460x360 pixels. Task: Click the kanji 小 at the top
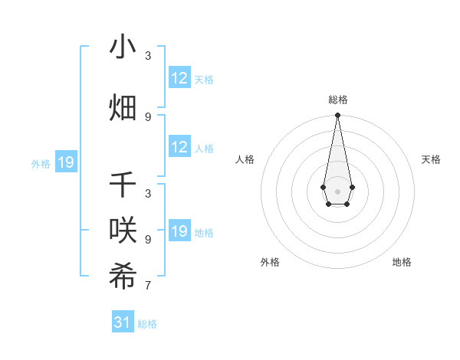pyautogui.click(x=123, y=47)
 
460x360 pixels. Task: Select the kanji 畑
pyautogui.click(x=123, y=107)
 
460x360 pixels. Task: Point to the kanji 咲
pyautogui.click(x=123, y=230)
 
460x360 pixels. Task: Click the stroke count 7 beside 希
pyautogui.click(x=148, y=286)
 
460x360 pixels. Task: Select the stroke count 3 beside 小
pyautogui.click(x=148, y=56)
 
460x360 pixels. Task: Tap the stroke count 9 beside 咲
pyautogui.click(x=148, y=240)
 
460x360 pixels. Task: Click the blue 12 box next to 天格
pyautogui.click(x=179, y=78)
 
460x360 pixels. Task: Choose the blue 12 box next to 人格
pyautogui.click(x=179, y=147)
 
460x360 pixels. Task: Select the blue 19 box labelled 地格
pyautogui.click(x=179, y=231)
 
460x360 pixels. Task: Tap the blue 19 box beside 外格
pyautogui.click(x=65, y=162)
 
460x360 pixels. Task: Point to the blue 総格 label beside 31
pyautogui.click(x=147, y=324)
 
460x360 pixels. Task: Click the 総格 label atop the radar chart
pyautogui.click(x=337, y=100)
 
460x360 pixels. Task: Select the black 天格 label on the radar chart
pyautogui.click(x=432, y=159)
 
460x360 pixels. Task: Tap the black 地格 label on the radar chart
pyautogui.click(x=402, y=262)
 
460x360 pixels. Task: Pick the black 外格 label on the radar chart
pyautogui.click(x=270, y=262)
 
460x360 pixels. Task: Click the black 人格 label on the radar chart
pyautogui.click(x=245, y=159)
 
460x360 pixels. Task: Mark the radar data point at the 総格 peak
pyautogui.click(x=337, y=116)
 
